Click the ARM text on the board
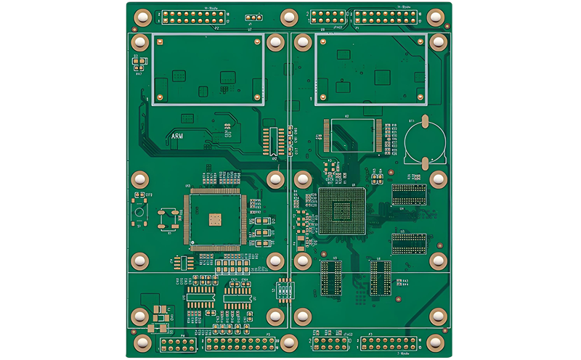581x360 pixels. click(x=176, y=136)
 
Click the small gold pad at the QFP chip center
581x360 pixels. click(x=214, y=218)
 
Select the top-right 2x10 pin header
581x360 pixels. click(x=386, y=17)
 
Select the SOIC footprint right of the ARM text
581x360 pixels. click(x=273, y=142)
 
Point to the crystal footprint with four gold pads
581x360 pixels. click(x=169, y=218)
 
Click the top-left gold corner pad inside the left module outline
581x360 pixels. click(x=160, y=41)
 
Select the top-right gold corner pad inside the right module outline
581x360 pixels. click(x=420, y=41)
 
